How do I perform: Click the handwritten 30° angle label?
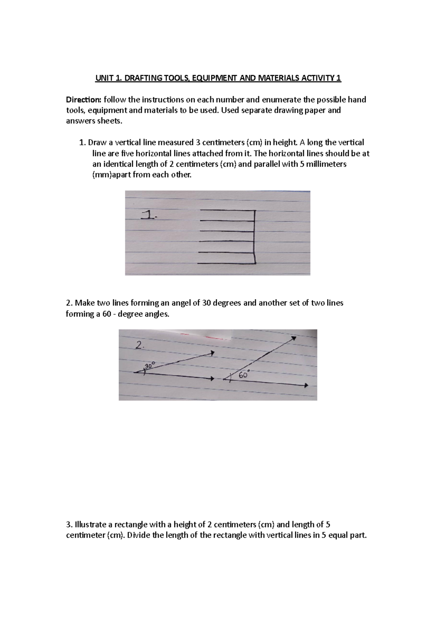click(150, 365)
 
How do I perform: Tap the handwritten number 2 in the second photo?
click(139, 346)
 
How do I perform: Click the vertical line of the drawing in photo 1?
click(255, 236)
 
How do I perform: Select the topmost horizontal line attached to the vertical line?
click(227, 210)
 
